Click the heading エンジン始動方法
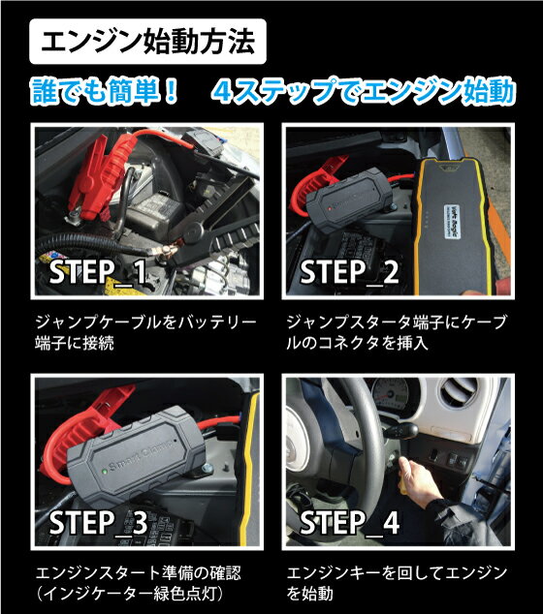(147, 42)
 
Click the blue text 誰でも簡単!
(105, 92)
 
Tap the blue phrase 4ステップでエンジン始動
(363, 92)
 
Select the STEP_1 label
(98, 272)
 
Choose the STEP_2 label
(349, 272)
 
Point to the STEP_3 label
(98, 523)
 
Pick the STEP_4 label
(349, 523)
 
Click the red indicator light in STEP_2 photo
(330, 208)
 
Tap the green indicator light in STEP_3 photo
(104, 471)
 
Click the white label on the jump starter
(452, 220)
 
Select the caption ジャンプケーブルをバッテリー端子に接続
(145, 332)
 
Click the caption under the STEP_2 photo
(397, 332)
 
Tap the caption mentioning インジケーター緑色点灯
(138, 583)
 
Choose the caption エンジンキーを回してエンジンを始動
(397, 583)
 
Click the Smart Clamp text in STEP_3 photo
(140, 455)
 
